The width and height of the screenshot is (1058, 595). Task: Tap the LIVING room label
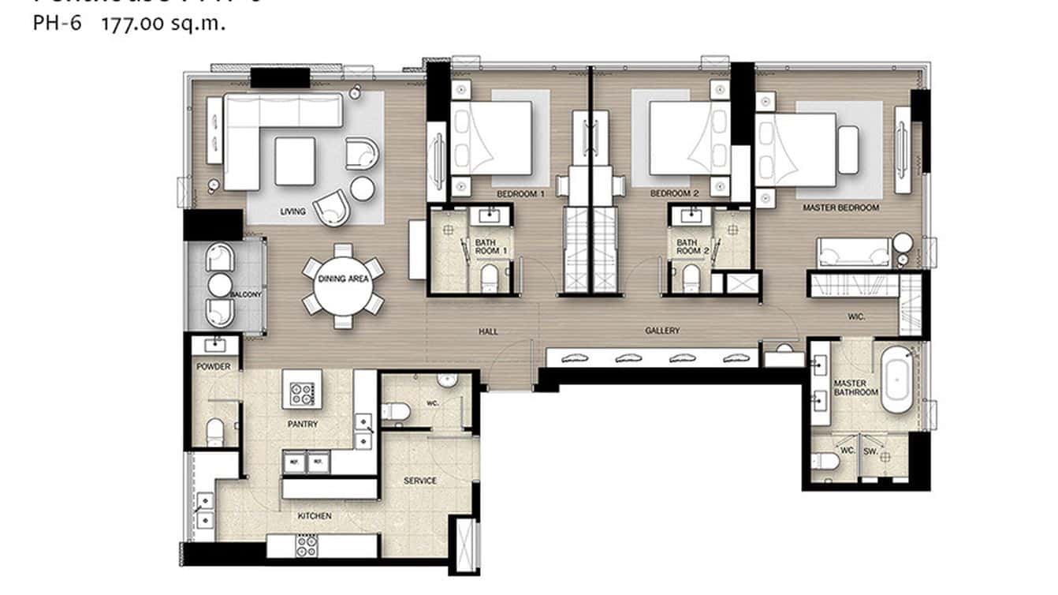click(293, 211)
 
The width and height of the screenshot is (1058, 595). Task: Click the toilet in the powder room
click(214, 431)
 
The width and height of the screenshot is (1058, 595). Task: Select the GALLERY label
click(661, 331)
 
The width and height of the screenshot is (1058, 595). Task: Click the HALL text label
click(488, 331)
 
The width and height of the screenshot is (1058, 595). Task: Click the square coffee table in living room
click(295, 161)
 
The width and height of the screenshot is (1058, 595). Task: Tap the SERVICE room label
click(419, 481)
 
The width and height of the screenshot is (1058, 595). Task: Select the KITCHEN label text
click(314, 516)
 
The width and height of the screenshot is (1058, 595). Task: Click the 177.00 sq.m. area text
click(163, 24)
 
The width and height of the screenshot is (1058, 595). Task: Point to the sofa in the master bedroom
click(854, 252)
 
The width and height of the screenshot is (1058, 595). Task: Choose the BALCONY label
click(245, 294)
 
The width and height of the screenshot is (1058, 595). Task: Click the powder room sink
click(214, 344)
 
